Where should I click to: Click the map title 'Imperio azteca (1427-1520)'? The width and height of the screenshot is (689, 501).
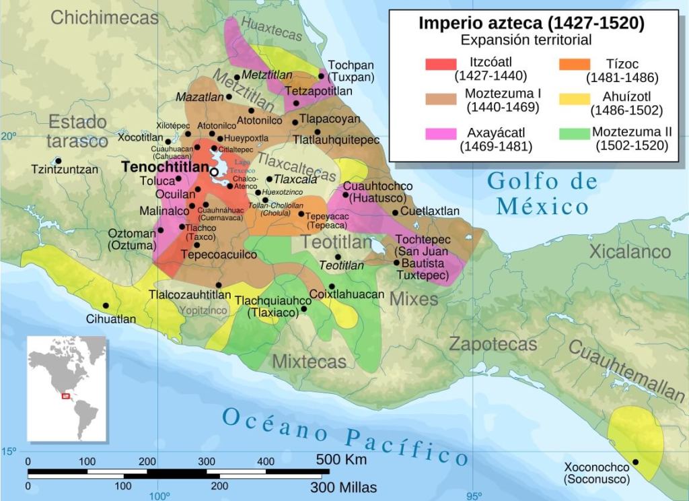(x=532, y=23)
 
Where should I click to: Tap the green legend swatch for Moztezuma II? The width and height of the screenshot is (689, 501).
(x=573, y=133)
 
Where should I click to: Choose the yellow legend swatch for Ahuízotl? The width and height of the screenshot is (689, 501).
(x=573, y=99)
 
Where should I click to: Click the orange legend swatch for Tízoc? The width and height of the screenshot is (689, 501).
(x=573, y=64)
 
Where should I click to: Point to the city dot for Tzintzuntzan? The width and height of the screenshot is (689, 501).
(x=59, y=160)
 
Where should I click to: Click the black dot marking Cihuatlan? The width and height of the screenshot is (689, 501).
(x=106, y=306)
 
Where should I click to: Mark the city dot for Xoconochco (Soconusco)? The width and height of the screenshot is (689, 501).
(x=636, y=462)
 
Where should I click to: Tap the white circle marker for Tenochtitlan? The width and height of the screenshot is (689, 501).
(x=214, y=172)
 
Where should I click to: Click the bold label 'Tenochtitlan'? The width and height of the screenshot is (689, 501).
(x=164, y=166)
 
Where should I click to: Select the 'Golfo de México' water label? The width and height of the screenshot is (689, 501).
(x=542, y=193)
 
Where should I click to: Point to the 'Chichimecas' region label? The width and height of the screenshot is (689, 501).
(x=104, y=18)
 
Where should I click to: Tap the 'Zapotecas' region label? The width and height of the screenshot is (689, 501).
(x=493, y=344)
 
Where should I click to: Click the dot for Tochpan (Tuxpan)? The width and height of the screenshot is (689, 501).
(x=322, y=75)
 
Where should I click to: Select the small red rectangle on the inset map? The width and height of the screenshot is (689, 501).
(x=66, y=396)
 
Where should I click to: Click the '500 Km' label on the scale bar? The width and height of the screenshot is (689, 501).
(x=341, y=461)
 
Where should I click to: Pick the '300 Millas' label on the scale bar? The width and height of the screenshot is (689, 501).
(x=344, y=487)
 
